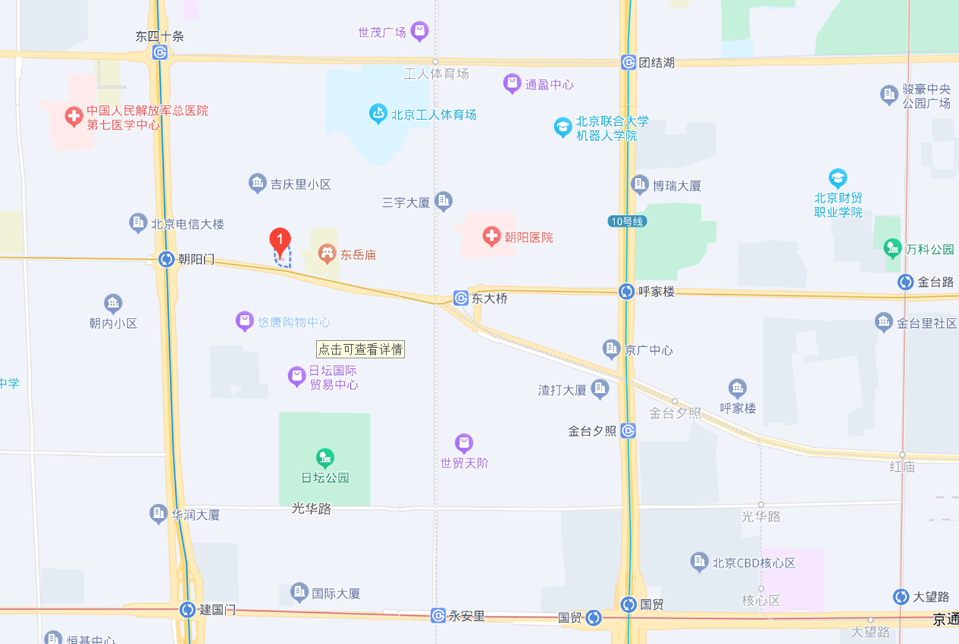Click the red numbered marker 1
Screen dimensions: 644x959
pyautogui.click(x=280, y=241)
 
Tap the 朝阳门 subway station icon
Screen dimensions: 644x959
pyautogui.click(x=166, y=259)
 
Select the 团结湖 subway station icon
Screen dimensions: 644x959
pyautogui.click(x=628, y=62)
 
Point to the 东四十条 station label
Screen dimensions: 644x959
pyautogui.click(x=159, y=36)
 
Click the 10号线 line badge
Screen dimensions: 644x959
pyautogui.click(x=627, y=221)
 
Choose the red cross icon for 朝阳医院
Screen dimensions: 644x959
pyautogui.click(x=492, y=237)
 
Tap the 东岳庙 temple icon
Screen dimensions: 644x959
pyautogui.click(x=328, y=253)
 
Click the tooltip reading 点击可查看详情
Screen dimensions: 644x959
pyautogui.click(x=360, y=349)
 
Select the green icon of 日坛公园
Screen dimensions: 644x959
pyautogui.click(x=325, y=458)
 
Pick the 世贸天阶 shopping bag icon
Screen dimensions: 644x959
pyautogui.click(x=464, y=442)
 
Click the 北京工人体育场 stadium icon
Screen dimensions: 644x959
pyautogui.click(x=378, y=114)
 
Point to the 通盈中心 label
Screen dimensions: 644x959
pyautogui.click(x=549, y=85)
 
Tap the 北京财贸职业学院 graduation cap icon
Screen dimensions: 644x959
pyautogui.click(x=838, y=179)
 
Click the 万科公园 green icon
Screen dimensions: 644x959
pyautogui.click(x=892, y=248)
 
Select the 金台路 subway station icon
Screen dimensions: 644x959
pyautogui.click(x=905, y=282)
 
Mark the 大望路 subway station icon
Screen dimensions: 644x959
pyautogui.click(x=901, y=596)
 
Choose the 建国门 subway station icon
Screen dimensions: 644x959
pyautogui.click(x=187, y=609)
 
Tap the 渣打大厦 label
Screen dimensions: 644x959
pyautogui.click(x=563, y=390)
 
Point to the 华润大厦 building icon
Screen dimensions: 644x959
pyautogui.click(x=158, y=514)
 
